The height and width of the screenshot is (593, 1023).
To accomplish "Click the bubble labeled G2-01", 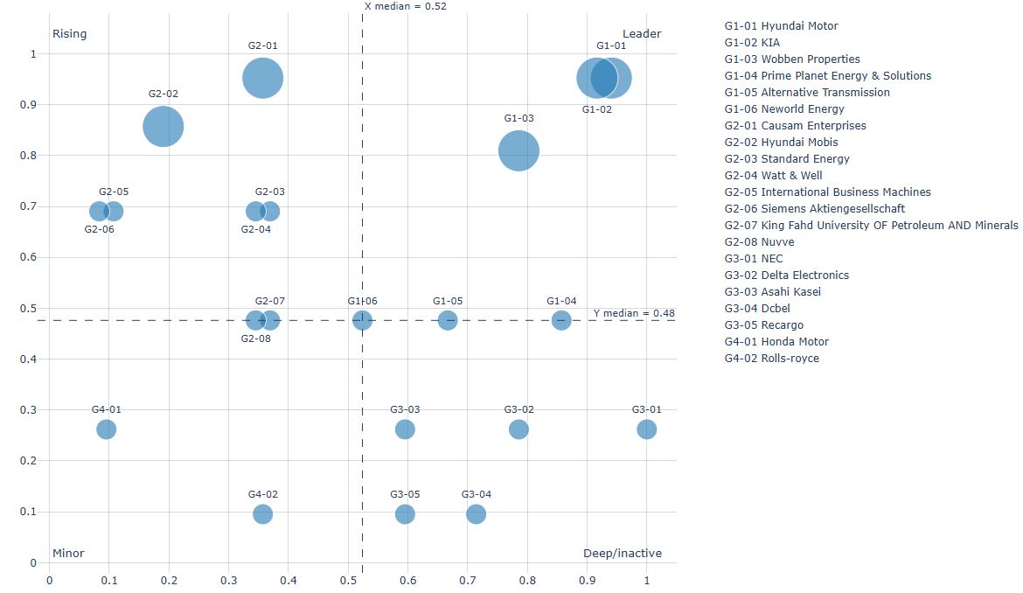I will coord(262,79).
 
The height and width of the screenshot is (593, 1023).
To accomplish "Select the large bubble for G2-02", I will coord(163,127).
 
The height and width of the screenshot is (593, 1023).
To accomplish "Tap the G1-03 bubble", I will coord(518,150).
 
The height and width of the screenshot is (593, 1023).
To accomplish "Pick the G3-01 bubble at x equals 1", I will coord(646,429).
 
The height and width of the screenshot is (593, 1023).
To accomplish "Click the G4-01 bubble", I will coord(106,429).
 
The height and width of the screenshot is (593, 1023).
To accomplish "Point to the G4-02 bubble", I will coord(262,514).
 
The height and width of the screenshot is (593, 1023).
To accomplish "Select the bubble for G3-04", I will coord(476,514).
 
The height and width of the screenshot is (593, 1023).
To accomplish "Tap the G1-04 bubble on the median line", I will coord(561,320).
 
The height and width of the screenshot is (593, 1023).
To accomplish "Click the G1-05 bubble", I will coord(447,320).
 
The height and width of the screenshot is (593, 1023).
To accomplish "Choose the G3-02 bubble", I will coord(518,429).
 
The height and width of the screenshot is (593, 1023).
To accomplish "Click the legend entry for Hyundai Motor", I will coord(781,26).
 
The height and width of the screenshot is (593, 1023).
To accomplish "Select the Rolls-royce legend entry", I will coord(772,359).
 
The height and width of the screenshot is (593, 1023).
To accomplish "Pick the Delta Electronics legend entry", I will coord(786,276).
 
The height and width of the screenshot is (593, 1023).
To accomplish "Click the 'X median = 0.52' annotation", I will coord(405,6).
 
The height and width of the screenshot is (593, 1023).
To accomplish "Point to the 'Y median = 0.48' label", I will coord(633,313).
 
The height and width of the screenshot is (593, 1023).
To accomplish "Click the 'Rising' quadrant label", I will coord(70,34).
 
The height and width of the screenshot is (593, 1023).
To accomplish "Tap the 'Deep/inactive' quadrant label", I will coord(622,554).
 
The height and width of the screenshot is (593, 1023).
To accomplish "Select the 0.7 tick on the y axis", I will coord(34,206).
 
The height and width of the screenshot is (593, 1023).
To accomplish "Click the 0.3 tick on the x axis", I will coord(228,580).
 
